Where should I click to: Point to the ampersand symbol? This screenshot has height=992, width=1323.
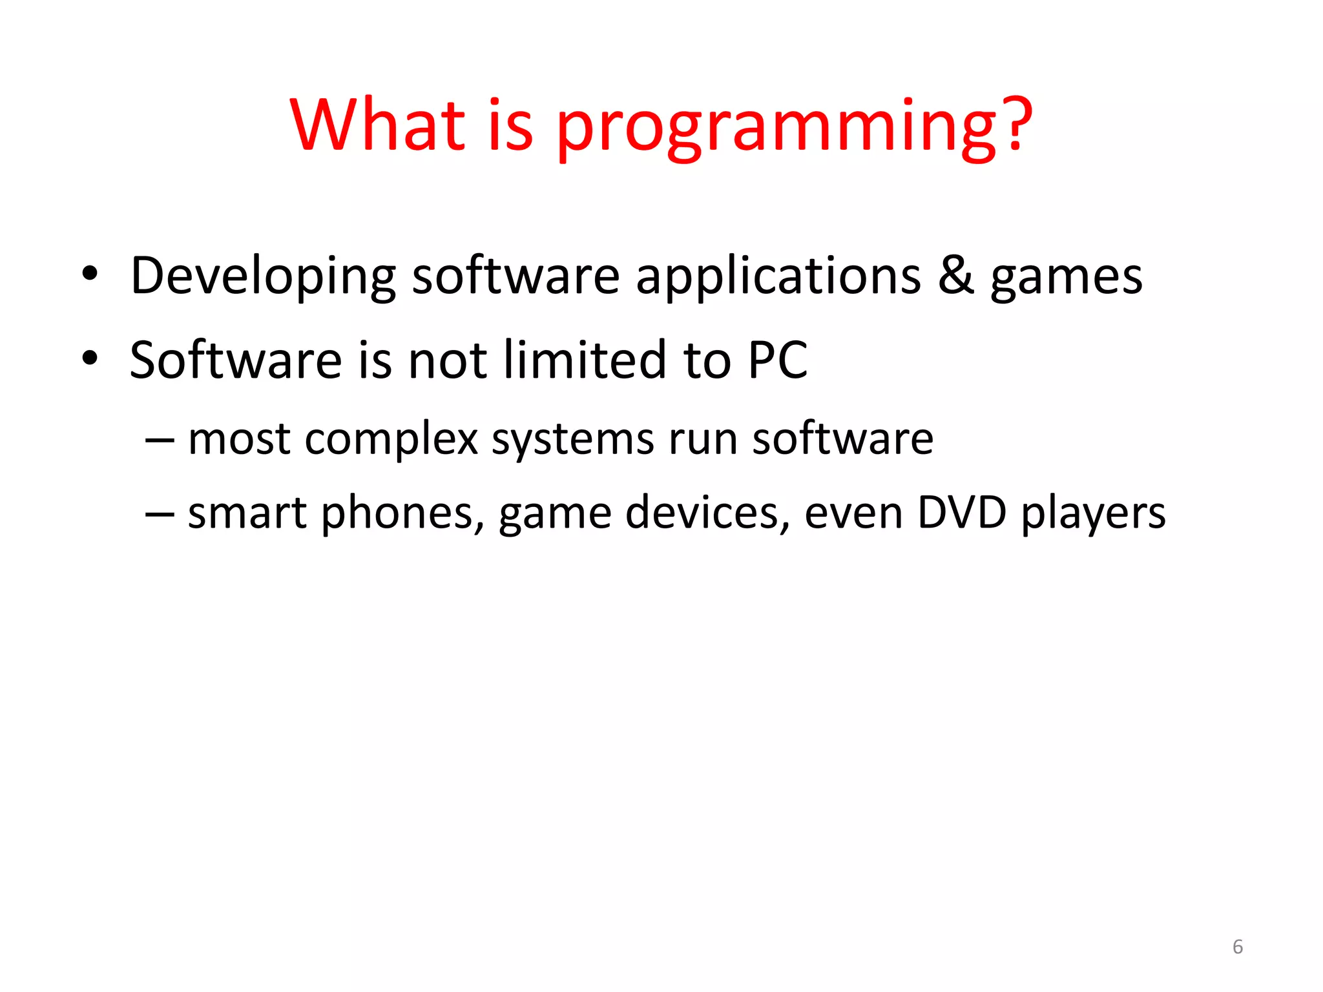click(x=955, y=276)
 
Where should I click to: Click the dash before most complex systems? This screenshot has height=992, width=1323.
click(x=160, y=440)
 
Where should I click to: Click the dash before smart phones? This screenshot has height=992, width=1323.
click(x=160, y=513)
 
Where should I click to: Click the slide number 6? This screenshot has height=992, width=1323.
click(x=1237, y=947)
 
